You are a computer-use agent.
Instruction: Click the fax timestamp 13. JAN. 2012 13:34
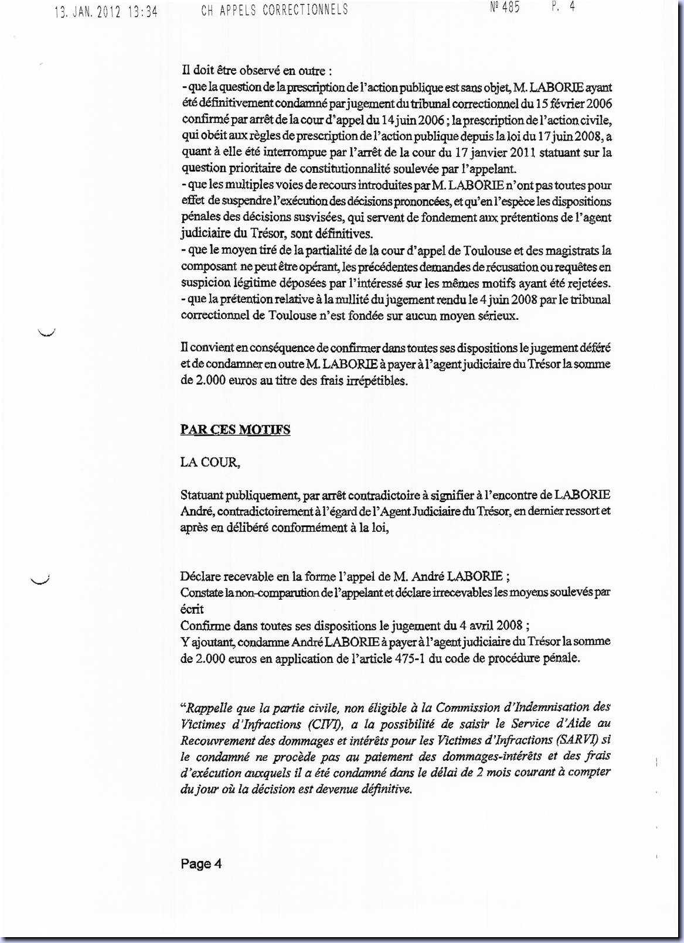point(106,12)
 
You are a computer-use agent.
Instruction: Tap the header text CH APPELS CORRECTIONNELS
point(274,10)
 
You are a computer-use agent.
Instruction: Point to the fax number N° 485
point(504,8)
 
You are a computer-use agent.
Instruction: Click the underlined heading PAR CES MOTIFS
point(235,429)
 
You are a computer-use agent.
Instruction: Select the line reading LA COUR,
point(210,462)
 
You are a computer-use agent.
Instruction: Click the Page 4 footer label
point(201,863)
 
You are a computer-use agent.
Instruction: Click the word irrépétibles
point(373,380)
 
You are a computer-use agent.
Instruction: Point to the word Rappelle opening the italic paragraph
point(212,708)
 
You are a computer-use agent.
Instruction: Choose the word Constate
point(201,592)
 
